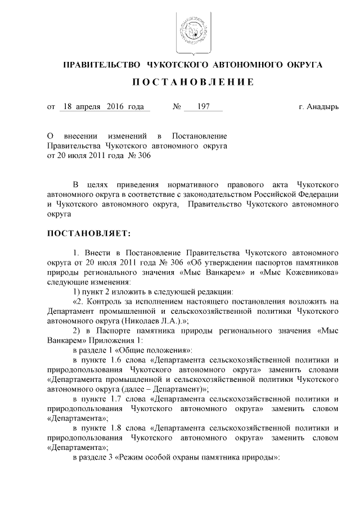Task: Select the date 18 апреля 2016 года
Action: (103, 106)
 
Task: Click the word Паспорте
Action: (115, 331)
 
